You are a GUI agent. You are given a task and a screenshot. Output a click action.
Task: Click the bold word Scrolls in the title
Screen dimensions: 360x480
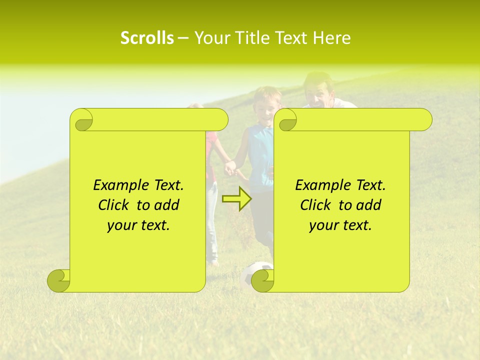[147, 38]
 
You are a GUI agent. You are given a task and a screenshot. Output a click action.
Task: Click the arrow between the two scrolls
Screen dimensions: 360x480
[236, 199]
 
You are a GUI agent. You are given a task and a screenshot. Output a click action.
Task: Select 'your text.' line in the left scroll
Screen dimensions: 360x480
[138, 225]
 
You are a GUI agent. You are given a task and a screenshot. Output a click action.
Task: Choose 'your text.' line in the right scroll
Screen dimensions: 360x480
[340, 225]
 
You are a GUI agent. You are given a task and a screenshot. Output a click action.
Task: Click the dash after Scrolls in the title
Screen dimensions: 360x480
[183, 38]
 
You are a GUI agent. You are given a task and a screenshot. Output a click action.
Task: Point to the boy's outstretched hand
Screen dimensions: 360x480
[230, 167]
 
